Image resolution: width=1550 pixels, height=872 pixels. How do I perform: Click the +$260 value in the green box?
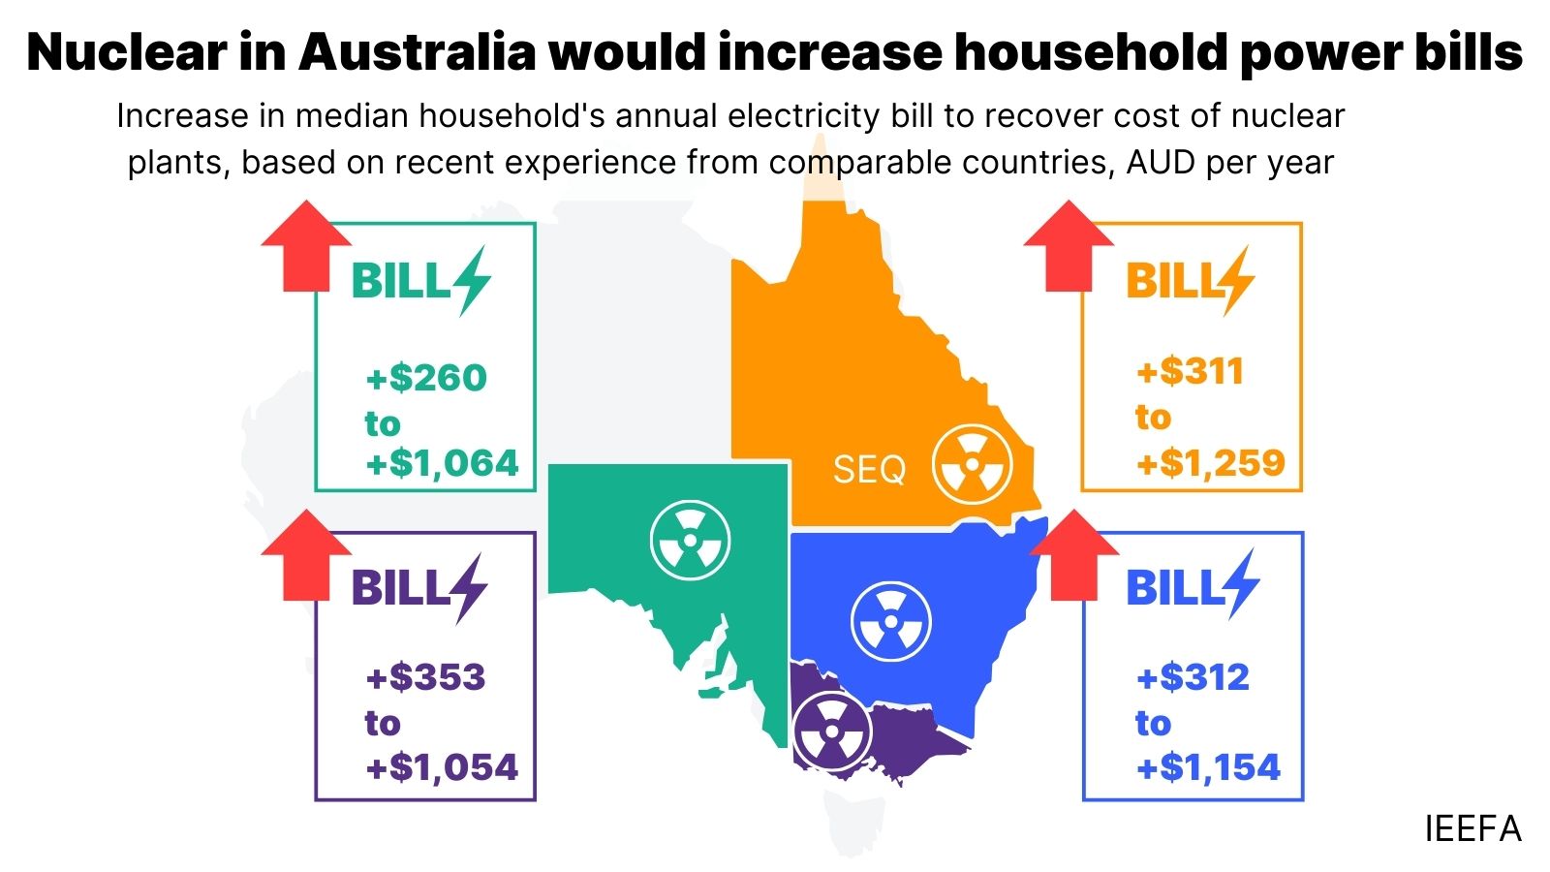[426, 378]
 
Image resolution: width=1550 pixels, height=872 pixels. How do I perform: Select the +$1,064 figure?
[442, 463]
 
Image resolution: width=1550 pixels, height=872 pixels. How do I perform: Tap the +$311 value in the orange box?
[1190, 371]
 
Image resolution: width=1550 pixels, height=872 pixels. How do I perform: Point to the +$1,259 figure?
[1211, 463]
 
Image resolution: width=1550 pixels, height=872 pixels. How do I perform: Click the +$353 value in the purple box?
[426, 677]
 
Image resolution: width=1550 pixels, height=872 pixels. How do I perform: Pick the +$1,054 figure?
[442, 767]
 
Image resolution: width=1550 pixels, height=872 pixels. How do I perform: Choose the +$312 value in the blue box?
[1193, 677]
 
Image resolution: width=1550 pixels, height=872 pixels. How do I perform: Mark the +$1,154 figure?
[1208, 767]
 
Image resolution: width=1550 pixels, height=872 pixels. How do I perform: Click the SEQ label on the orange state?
[869, 470]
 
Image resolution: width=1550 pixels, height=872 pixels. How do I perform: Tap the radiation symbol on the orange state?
[972, 464]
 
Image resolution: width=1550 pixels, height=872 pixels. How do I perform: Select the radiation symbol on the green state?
[690, 540]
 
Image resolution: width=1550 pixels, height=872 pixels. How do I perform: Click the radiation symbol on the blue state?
[890, 621]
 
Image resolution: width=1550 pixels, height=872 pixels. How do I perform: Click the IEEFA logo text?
[1472, 829]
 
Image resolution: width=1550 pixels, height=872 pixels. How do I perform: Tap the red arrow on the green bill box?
[306, 246]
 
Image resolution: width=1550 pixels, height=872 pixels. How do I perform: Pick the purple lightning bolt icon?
[468, 587]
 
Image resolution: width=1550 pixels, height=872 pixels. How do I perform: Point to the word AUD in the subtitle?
[1161, 163]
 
